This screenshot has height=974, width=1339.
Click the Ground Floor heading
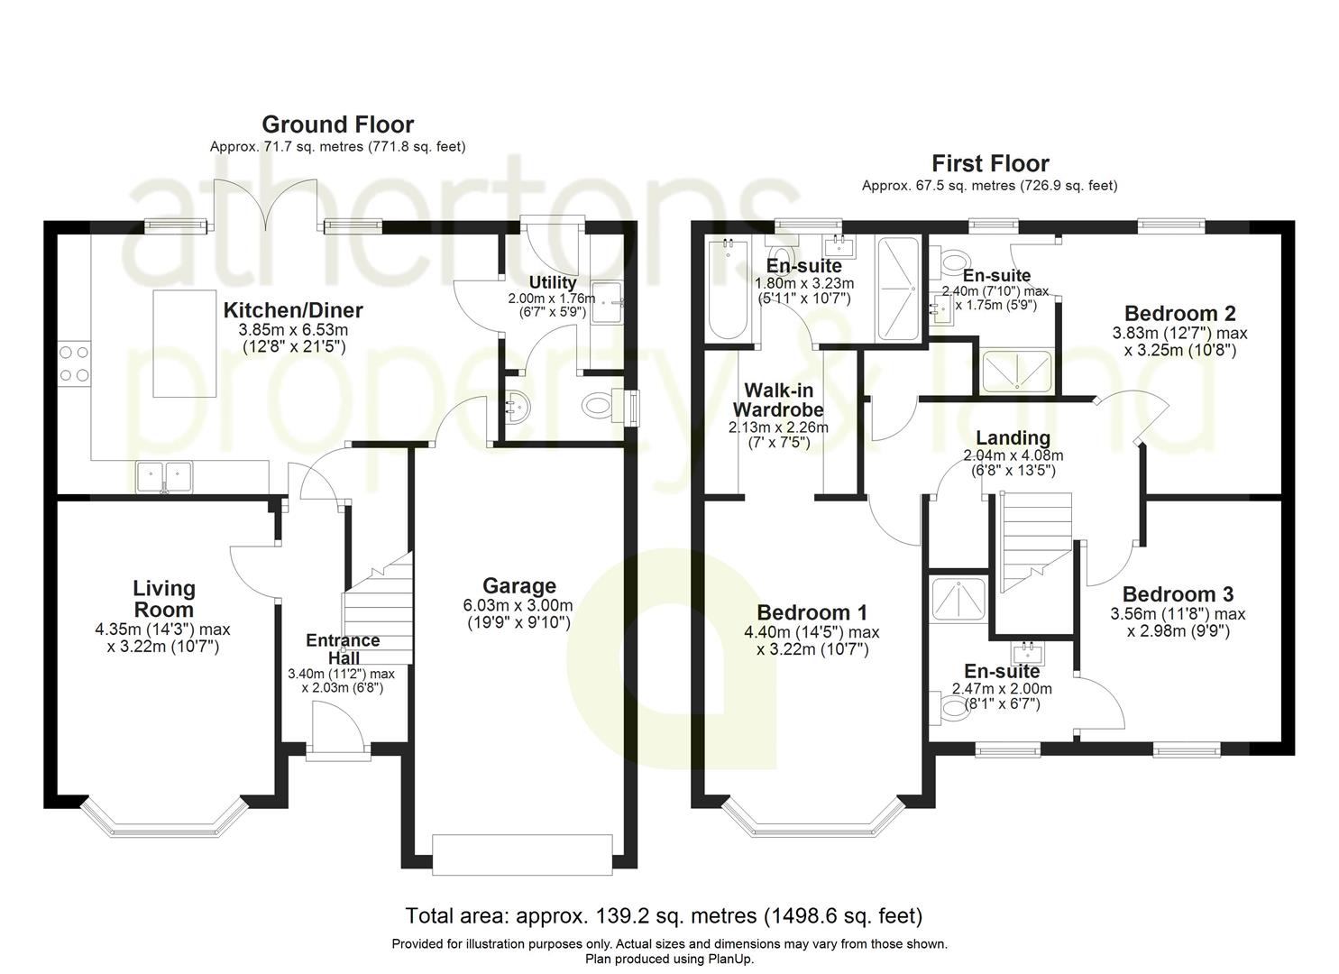tap(338, 124)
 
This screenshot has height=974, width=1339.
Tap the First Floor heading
tap(991, 163)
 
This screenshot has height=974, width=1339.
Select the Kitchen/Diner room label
tap(293, 309)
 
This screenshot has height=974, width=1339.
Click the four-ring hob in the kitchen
tap(75, 363)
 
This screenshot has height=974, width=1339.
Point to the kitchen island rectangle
tap(185, 344)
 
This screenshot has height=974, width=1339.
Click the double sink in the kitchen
tap(164, 476)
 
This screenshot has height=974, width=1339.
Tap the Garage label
tap(518, 585)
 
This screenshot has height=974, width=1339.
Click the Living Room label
tap(164, 599)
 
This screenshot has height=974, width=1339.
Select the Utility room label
tap(553, 282)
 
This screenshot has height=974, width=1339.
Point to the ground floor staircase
tap(378, 608)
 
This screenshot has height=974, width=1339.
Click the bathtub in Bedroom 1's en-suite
tap(727, 289)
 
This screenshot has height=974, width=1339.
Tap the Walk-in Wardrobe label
tap(778, 400)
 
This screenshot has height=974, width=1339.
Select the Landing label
tap(1013, 437)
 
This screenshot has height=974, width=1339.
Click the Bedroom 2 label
tap(1179, 313)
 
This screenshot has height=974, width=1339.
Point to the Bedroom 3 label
tap(1178, 594)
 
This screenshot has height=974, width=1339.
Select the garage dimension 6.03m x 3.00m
tap(518, 605)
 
